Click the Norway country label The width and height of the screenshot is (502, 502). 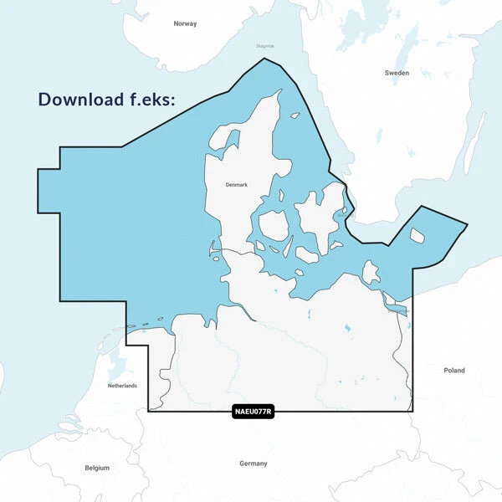(185, 23)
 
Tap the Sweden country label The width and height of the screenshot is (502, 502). (397, 73)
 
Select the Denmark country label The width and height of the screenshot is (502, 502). (237, 185)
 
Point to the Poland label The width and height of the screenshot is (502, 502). (454, 370)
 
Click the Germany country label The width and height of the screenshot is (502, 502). (253, 464)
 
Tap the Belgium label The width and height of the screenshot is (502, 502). (97, 468)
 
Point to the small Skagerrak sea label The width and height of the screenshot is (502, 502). (265, 47)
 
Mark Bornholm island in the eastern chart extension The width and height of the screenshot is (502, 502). (417, 236)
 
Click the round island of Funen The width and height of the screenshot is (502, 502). (274, 225)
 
